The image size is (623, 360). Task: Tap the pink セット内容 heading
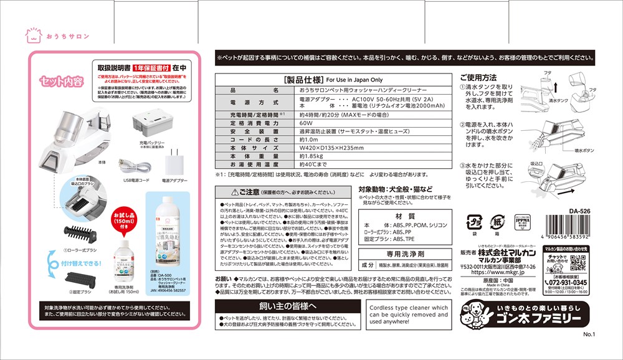(60, 81)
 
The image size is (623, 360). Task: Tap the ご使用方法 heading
(478, 77)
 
